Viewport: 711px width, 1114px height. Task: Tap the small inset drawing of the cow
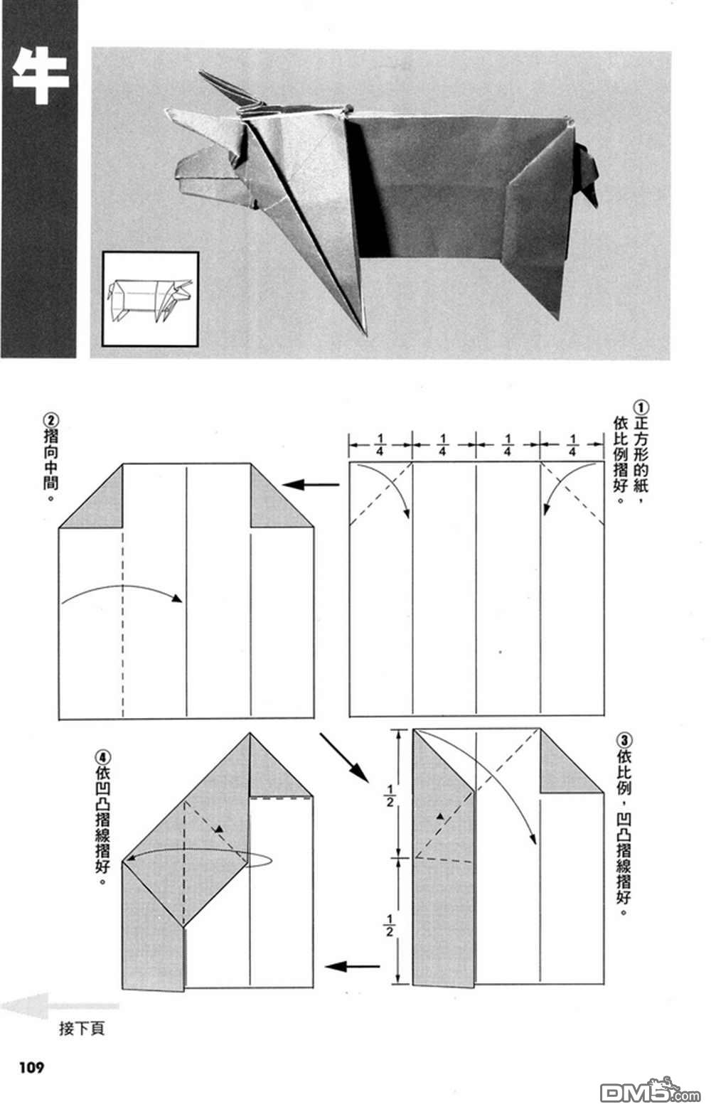150,299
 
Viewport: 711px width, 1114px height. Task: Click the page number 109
31,1067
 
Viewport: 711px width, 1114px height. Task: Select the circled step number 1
641,407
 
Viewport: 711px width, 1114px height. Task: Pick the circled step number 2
50,419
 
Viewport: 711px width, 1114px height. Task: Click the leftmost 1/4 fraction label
380,444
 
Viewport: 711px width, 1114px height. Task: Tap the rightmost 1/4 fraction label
572,444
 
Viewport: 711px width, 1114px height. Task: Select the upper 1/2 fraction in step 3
389,794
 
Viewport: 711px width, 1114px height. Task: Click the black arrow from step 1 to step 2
311,485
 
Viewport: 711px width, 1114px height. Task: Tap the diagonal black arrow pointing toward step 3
343,757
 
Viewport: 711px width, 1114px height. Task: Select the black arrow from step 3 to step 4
352,966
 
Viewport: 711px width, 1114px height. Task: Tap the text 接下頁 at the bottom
82,1028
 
